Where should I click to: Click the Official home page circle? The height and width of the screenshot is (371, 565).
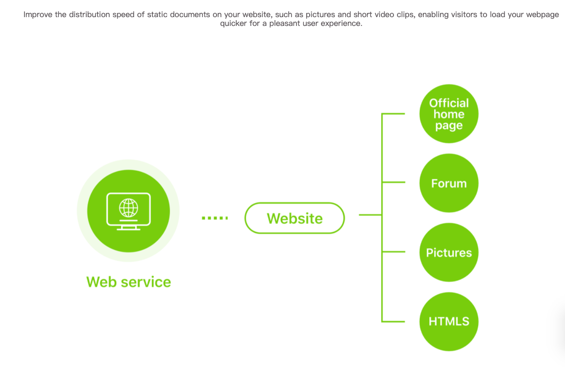[x=448, y=114]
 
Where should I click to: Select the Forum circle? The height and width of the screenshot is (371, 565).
[x=448, y=183]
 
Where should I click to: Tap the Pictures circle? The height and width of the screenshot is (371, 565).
[x=448, y=252]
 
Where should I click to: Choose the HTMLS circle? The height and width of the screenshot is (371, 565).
[x=448, y=322]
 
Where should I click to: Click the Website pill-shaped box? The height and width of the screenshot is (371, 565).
[x=295, y=218]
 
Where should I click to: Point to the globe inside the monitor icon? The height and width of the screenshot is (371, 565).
[x=129, y=208]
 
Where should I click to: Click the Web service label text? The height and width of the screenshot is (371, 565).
[x=129, y=282]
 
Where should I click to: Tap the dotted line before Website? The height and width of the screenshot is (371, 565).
[x=215, y=218]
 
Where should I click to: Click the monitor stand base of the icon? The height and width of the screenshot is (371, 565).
[x=129, y=228]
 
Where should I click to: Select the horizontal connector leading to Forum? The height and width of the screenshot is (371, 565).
[x=393, y=183]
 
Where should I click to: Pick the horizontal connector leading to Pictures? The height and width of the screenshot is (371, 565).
[x=393, y=252]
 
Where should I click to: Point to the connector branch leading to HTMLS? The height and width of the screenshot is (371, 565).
[x=393, y=321]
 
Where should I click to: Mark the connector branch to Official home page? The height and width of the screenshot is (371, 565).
[x=393, y=114]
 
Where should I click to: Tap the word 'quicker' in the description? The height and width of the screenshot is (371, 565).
[x=233, y=23]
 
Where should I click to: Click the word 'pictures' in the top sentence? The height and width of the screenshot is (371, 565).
[x=320, y=15]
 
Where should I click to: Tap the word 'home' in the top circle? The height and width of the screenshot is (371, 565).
[x=448, y=114]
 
